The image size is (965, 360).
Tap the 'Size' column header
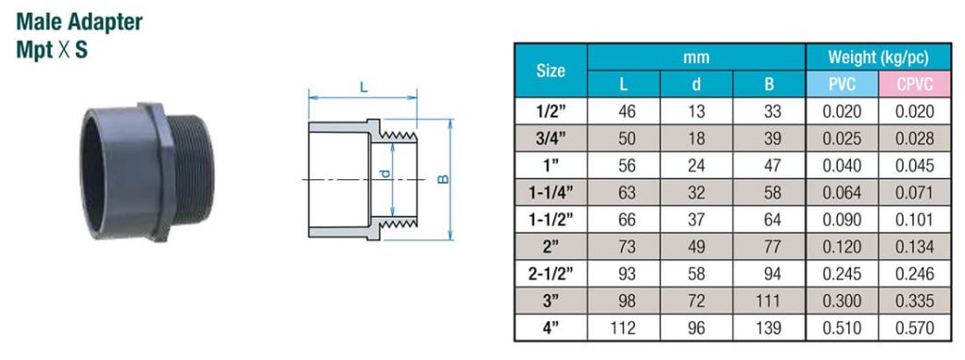550,71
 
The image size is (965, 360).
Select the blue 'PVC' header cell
842,84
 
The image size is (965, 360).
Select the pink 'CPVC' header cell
914,84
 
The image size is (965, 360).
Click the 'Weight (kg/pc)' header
878,57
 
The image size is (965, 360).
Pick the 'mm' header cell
696,57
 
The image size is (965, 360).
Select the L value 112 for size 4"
623,329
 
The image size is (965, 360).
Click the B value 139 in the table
769,329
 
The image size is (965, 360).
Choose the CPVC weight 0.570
914,329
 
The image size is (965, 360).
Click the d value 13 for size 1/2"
696,111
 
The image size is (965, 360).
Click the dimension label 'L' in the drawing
363,86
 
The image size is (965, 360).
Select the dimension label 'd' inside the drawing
384,177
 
